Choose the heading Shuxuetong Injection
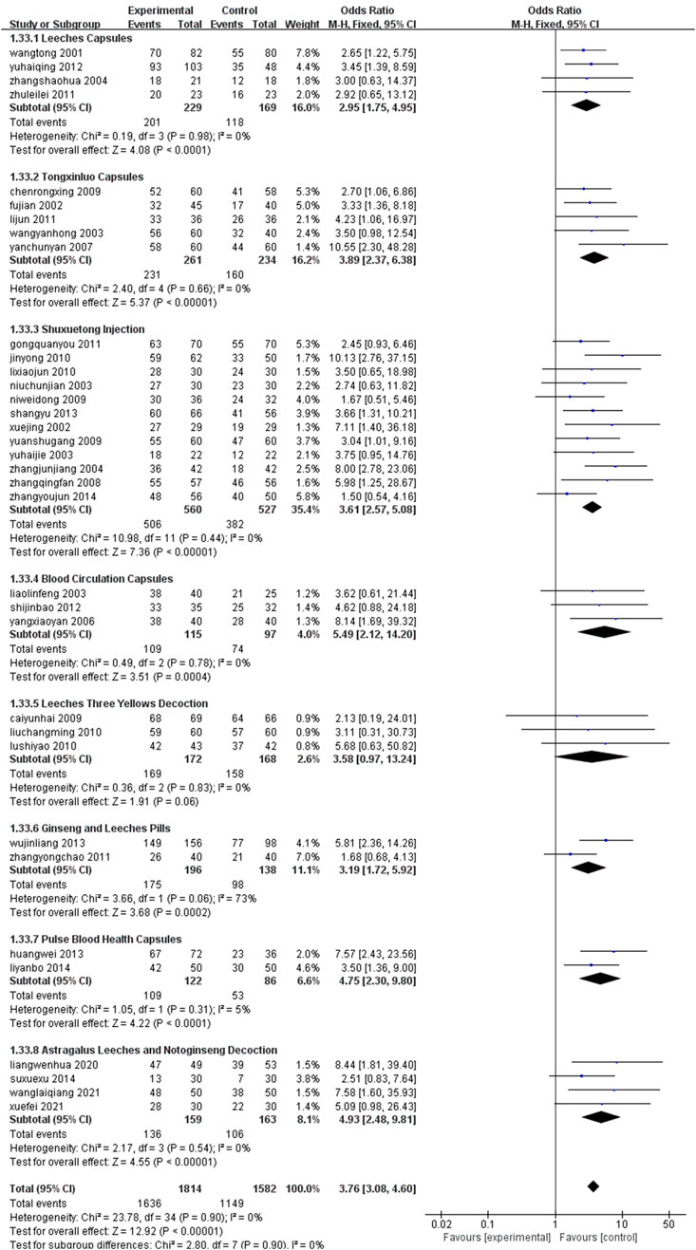point(78,328)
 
